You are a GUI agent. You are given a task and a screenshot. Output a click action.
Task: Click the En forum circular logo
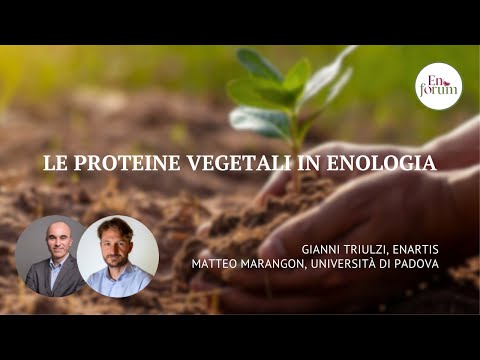438,86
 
